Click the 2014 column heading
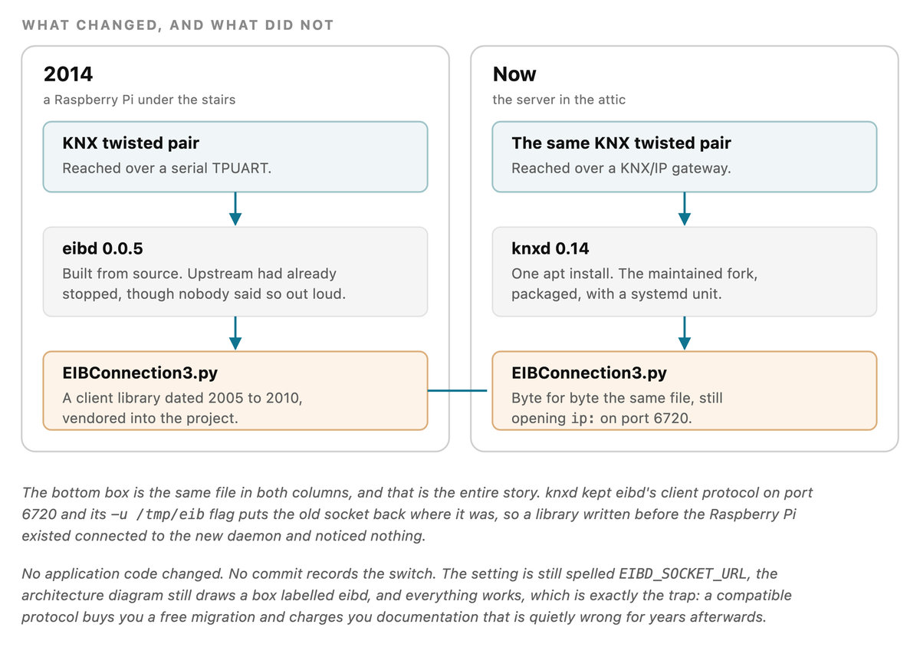click(x=68, y=74)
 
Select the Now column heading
click(x=514, y=74)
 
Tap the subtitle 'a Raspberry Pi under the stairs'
click(x=140, y=100)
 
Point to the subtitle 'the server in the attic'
click(x=559, y=100)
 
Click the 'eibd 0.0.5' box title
click(x=103, y=248)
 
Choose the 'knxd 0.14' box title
click(x=550, y=248)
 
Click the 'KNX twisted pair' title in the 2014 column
click(x=130, y=143)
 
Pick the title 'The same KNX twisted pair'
click(x=621, y=143)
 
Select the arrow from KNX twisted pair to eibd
click(x=235, y=209)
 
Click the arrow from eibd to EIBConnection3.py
click(x=235, y=333)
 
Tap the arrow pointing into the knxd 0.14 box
click(x=684, y=209)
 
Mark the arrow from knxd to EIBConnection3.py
click(x=684, y=333)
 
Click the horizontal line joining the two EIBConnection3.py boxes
click(x=457, y=390)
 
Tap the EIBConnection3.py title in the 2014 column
click(x=140, y=373)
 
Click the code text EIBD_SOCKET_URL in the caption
click(x=682, y=573)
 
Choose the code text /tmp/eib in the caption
click(x=170, y=514)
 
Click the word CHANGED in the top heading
click(x=117, y=25)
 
